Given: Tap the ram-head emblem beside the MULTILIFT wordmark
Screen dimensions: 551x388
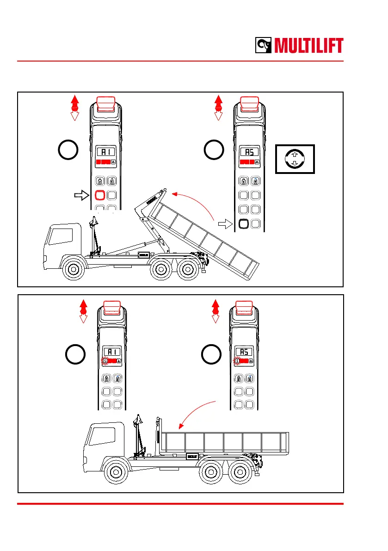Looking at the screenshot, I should point(265,46).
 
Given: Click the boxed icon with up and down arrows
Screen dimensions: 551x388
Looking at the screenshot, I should point(295,159).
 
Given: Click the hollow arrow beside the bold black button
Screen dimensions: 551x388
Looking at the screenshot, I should point(225,224).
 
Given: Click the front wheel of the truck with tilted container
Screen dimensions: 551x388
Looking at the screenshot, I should point(73,270).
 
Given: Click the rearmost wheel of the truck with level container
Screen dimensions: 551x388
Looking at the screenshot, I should point(240,472).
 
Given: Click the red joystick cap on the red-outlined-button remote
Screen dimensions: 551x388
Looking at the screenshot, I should point(106,103).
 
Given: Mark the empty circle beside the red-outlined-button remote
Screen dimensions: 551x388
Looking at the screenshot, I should point(68,151).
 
